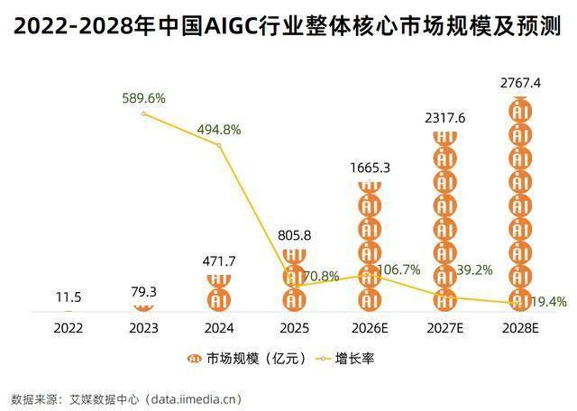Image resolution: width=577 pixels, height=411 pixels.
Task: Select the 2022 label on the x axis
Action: (68, 328)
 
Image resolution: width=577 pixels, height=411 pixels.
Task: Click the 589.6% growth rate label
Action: (144, 98)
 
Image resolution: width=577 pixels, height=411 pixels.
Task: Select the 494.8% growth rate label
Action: (219, 129)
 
